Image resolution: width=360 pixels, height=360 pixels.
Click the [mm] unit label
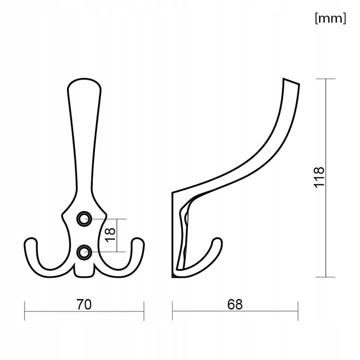pos(330,18)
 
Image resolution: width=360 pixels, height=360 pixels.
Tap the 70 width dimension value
pos(84,304)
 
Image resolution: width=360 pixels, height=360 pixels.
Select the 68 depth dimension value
pos(234,304)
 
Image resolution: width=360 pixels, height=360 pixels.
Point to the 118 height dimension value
pos(319,177)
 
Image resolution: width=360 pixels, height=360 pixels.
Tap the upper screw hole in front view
pos(84,218)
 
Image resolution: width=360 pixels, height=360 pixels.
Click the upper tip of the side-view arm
pos(291,81)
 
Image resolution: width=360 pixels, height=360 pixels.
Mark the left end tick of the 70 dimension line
pos(25,311)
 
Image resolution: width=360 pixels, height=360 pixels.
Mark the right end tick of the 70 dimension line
pos(144,311)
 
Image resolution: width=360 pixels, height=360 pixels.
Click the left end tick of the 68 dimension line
pos(172,311)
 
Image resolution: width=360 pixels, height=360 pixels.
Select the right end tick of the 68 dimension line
pos(298,311)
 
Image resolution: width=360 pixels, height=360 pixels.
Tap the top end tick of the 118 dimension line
pos(326,78)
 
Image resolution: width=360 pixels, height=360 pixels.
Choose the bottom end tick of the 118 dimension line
pos(326,276)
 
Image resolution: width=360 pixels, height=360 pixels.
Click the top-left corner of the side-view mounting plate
pos(173,192)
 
